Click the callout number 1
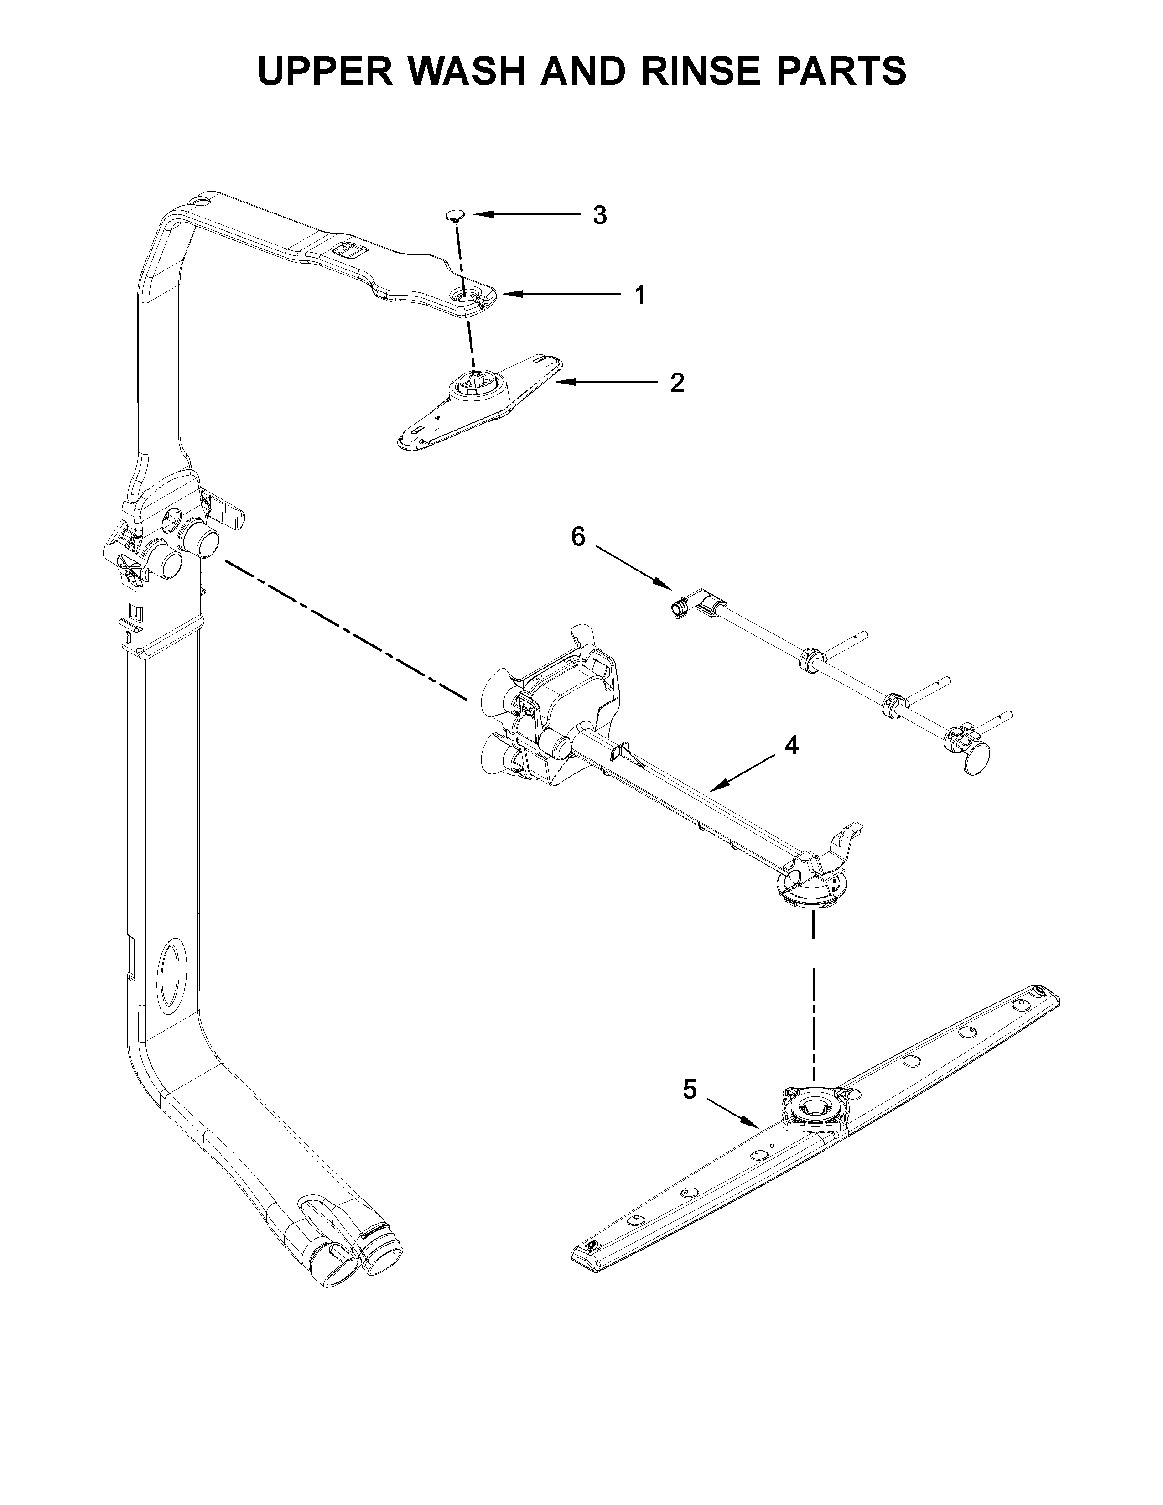pos(640,295)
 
